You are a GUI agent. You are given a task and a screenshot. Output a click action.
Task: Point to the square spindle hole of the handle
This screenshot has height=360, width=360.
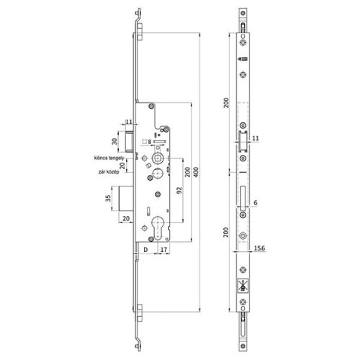point(157,157)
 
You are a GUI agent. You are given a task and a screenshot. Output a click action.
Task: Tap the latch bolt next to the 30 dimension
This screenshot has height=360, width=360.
point(130,136)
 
